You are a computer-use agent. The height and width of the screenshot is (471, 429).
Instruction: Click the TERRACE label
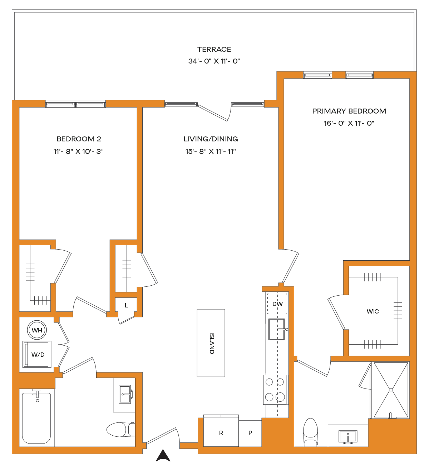(214, 49)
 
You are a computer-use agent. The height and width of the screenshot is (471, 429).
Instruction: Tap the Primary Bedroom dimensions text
(349, 123)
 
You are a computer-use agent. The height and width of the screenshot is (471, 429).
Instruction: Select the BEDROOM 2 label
(79, 139)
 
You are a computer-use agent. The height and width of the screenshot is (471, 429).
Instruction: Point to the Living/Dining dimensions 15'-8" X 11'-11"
(211, 151)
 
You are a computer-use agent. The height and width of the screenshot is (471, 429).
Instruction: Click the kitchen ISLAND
(211, 343)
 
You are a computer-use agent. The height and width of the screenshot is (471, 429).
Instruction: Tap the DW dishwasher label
(277, 304)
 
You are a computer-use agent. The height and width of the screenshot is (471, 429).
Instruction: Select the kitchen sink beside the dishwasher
(277, 329)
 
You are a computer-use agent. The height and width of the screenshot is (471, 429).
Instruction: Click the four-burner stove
(275, 390)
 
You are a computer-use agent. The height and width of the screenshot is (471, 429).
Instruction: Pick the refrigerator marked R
(221, 432)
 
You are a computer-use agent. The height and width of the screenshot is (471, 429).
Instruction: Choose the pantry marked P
(250, 433)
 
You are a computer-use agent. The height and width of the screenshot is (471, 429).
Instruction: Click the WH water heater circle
(37, 330)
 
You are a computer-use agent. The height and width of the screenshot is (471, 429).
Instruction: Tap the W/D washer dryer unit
(37, 354)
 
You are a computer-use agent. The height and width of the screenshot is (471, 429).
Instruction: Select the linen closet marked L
(126, 305)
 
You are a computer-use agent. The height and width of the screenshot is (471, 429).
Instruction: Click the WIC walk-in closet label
(373, 311)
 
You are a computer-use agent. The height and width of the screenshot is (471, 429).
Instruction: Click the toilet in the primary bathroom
(311, 432)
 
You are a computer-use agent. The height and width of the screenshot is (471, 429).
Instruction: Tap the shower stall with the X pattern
(391, 390)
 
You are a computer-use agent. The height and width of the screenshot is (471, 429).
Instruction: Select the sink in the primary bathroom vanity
(348, 436)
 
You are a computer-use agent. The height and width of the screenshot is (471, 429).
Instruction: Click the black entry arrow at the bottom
(163, 456)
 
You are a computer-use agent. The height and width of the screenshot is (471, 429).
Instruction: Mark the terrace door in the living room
(213, 113)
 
